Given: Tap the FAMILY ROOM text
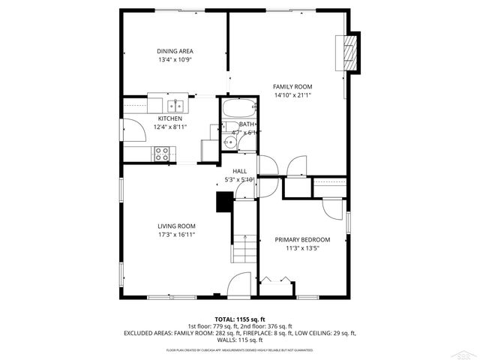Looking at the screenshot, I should [x=292, y=87].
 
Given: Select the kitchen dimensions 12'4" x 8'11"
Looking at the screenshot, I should [x=169, y=127].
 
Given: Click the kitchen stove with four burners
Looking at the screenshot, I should [x=161, y=153].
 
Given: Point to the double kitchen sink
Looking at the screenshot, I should [x=176, y=105].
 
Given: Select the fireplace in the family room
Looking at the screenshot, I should [x=349, y=52].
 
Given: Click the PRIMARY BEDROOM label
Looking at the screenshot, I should [x=302, y=240].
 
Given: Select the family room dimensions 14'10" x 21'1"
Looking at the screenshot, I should [x=292, y=95].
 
